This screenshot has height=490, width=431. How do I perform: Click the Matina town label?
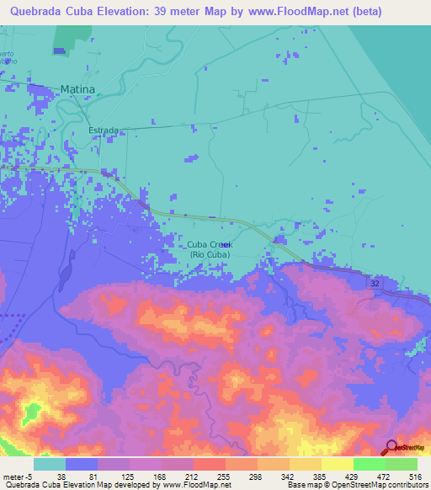[77, 88]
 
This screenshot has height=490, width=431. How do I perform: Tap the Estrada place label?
[104, 131]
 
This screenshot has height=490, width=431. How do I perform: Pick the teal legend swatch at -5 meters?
[50, 464]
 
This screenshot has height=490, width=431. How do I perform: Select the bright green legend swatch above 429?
[369, 464]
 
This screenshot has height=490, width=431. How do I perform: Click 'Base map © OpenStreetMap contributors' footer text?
[357, 485]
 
